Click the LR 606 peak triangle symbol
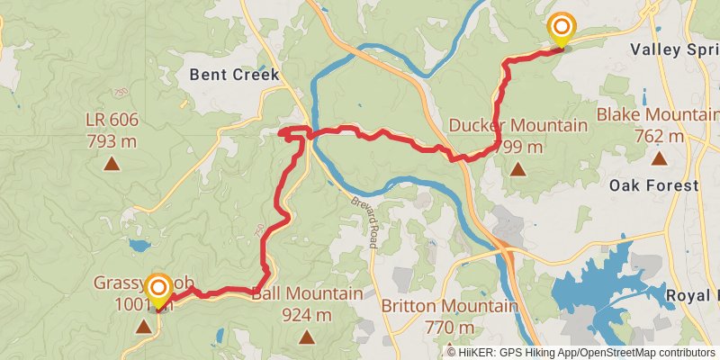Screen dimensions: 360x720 pyautogui.click(x=112, y=163)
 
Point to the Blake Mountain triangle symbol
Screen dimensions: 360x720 pyautogui.click(x=659, y=158)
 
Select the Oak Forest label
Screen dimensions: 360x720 pyautogui.click(x=653, y=185)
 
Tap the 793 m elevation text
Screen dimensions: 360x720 pyautogui.click(x=112, y=140)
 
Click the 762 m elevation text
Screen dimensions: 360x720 pyautogui.click(x=659, y=136)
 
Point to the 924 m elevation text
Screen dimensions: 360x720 pyautogui.click(x=307, y=315)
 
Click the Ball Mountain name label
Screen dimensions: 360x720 pyautogui.click(x=307, y=294)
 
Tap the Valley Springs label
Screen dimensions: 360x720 pyautogui.click(x=675, y=49)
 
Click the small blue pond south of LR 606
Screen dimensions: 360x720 pyautogui.click(x=139, y=245)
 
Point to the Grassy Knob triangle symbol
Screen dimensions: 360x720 pyautogui.click(x=143, y=326)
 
